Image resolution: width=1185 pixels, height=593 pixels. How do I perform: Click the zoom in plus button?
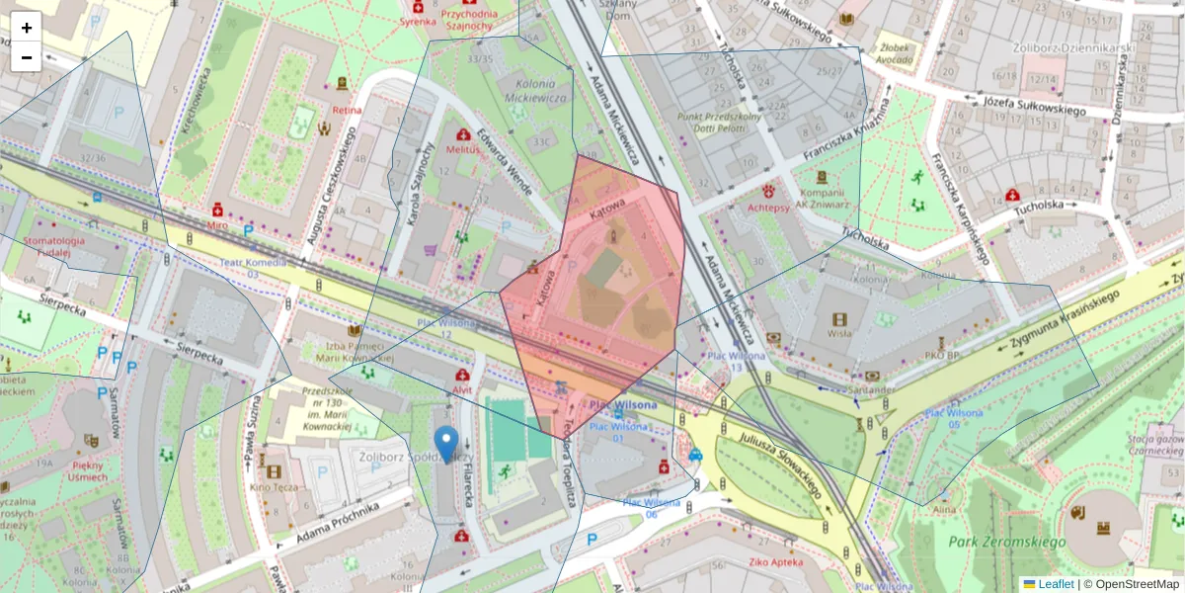(x=27, y=28)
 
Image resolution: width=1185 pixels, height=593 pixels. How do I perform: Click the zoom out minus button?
(x=27, y=57)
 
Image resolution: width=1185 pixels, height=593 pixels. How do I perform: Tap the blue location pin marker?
(x=446, y=444)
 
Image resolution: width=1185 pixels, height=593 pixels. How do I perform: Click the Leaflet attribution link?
(x=1056, y=584)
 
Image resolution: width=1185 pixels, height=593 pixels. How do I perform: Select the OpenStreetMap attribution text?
(x=1137, y=584)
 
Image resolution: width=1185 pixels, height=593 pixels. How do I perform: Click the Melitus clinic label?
(x=463, y=149)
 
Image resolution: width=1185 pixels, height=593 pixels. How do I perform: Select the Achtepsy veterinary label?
(x=768, y=208)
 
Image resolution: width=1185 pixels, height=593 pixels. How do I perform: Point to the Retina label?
(x=348, y=110)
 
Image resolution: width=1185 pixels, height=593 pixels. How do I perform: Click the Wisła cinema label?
(x=839, y=333)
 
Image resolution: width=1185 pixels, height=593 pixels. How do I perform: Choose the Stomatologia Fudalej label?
(x=41, y=246)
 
